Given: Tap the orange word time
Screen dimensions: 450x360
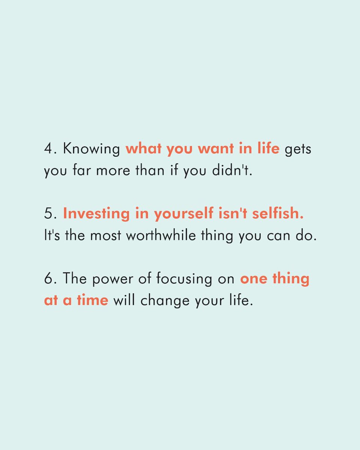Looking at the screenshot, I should [92, 301].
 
